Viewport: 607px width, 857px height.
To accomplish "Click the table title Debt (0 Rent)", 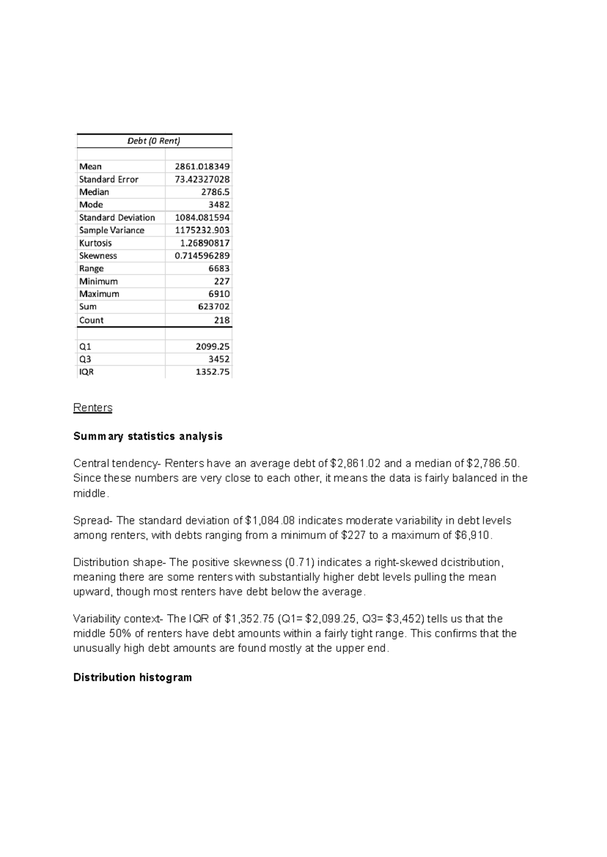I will tap(154, 141).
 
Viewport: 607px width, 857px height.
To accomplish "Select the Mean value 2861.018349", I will tap(202, 166).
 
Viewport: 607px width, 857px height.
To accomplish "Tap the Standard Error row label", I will tap(109, 180).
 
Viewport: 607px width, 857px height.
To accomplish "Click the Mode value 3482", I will tap(219, 205).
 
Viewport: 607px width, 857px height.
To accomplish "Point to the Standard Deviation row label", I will tap(117, 218).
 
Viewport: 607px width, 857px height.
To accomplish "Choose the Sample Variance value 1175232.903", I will tap(202, 230).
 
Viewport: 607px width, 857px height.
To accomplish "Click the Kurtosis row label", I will tap(96, 243).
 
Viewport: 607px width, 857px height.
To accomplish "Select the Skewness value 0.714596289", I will tap(202, 256).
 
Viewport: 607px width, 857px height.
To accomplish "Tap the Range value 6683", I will tap(219, 269).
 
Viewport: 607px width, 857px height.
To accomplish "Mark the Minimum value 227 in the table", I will tap(222, 281).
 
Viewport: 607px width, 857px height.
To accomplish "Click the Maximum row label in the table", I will tap(99, 294).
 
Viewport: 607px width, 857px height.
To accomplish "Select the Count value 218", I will tap(222, 320).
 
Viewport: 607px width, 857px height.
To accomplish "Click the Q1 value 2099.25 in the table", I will tap(212, 347).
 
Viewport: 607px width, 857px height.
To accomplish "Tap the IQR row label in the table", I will tap(86, 372).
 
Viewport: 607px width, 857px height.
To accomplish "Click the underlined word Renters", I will tap(93, 408).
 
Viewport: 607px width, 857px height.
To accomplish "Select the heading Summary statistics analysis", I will tap(148, 436).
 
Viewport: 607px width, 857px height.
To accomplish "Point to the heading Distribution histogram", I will tap(133, 677).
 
